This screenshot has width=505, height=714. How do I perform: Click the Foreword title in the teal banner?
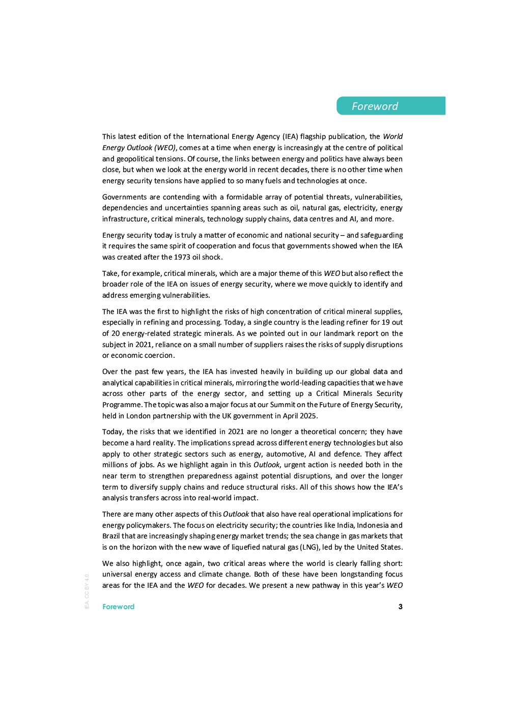click(375, 106)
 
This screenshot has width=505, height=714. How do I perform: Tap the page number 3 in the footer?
click(401, 607)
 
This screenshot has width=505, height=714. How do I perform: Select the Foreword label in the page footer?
click(118, 607)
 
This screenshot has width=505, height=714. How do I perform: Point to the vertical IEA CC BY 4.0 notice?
click(87, 591)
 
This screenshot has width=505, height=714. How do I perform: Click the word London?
click(138, 416)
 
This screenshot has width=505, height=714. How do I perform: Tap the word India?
click(346, 525)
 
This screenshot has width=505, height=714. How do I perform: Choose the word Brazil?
click(111, 536)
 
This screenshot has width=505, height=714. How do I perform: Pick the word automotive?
click(285, 454)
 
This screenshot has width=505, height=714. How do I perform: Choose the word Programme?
click(122, 405)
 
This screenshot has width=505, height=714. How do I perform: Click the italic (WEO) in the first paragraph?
click(165, 148)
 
